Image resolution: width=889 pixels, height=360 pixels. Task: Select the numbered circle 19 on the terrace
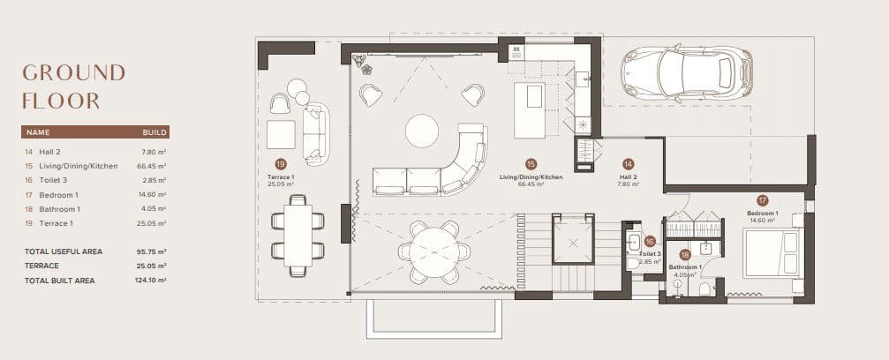click(x=281, y=164)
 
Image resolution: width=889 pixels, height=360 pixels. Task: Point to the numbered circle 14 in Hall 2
click(x=628, y=164)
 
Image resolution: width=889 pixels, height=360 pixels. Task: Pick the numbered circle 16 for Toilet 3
click(x=649, y=240)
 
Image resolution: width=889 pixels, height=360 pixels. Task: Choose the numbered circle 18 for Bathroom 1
click(x=685, y=254)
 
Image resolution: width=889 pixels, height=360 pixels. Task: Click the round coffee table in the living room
click(x=422, y=131)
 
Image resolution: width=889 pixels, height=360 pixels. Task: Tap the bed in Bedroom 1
click(x=772, y=252)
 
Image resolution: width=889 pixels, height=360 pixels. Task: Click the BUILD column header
click(x=154, y=132)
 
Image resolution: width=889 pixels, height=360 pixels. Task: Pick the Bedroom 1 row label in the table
click(x=58, y=194)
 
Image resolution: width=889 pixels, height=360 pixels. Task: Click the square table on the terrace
click(x=281, y=135)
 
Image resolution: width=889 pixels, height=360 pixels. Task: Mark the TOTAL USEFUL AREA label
click(x=63, y=251)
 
